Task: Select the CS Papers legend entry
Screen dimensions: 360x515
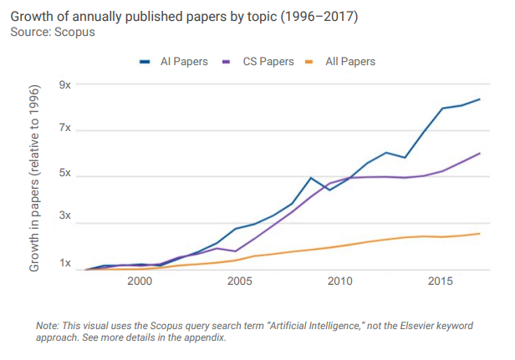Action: tap(261, 61)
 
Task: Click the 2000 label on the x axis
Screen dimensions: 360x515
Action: tap(139, 282)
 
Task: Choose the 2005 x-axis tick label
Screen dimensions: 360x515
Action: tap(240, 282)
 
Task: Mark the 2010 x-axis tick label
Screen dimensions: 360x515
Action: tap(340, 282)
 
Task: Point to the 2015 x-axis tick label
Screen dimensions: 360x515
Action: tap(441, 282)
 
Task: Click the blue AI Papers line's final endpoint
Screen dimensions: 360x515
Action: tap(480, 99)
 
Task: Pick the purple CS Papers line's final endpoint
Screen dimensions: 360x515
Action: tap(480, 153)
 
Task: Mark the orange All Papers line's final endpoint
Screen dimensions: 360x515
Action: tap(480, 234)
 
